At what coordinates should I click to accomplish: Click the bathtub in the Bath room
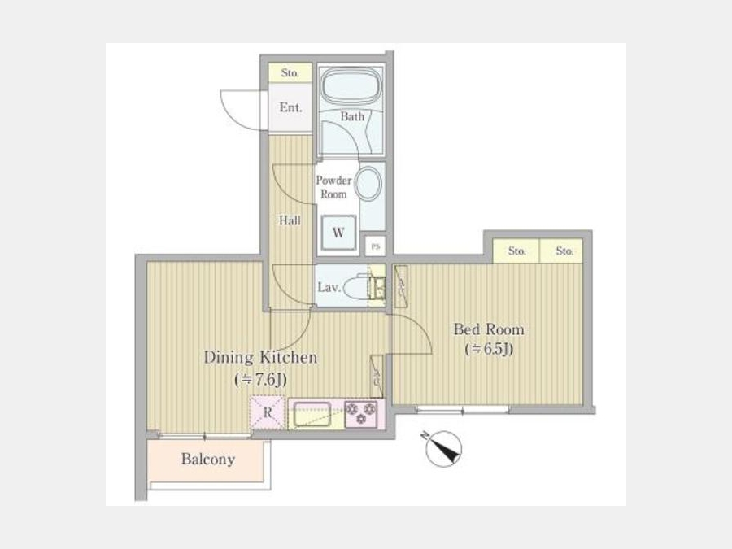[350, 87]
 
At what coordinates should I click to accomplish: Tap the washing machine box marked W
[338, 232]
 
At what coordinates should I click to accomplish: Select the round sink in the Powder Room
[368, 184]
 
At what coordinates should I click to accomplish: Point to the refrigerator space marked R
[268, 412]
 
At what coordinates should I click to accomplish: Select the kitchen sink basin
[312, 414]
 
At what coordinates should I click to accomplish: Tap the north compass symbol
[443, 449]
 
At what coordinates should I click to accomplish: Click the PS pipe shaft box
[375, 246]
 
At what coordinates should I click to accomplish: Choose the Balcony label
[208, 460]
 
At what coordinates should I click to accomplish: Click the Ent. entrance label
[290, 107]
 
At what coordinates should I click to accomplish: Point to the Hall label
[290, 220]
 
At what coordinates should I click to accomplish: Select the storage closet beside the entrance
[290, 73]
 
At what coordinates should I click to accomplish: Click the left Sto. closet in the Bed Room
[516, 251]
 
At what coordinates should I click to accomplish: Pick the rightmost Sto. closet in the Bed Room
[561, 251]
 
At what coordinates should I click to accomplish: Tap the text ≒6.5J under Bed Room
[490, 349]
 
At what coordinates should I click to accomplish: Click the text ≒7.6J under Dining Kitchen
[260, 380]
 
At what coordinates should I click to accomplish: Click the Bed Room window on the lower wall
[462, 410]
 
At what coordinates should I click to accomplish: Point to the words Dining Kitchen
[260, 358]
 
